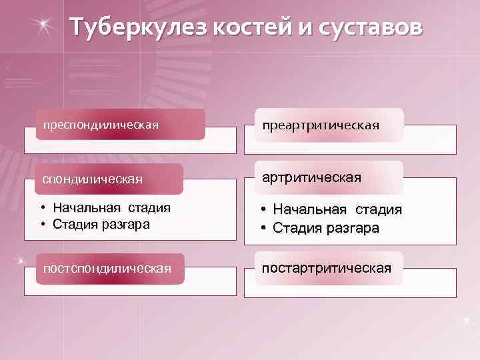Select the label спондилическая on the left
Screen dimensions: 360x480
pyautogui.click(x=93, y=179)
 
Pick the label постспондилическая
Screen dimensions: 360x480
pyautogui.click(x=107, y=268)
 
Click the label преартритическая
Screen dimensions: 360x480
pyautogui.click(x=321, y=125)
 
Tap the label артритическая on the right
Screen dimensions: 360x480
pyautogui.click(x=311, y=177)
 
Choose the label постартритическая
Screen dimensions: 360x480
pyautogui.click(x=326, y=268)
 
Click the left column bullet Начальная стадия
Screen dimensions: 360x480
pyautogui.click(x=111, y=208)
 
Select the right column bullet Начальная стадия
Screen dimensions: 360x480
pyautogui.click(x=337, y=210)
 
